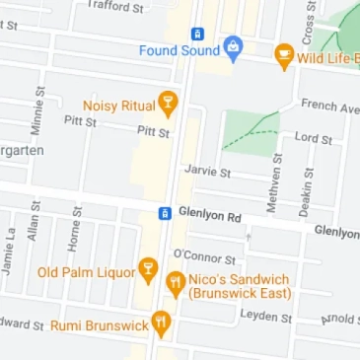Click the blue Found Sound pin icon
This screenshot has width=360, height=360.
coord(233,46)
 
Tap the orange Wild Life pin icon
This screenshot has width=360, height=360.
coord(284,56)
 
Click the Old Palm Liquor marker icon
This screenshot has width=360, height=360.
coord(148,269)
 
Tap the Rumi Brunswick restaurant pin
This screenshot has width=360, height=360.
coord(161,323)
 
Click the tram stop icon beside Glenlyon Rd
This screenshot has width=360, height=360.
coord(165,213)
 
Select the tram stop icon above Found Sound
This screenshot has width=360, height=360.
coord(197,33)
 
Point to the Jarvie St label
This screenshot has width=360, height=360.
coord(207,171)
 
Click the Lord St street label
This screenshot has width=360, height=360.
coord(313,138)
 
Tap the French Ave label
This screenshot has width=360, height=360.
coord(329,106)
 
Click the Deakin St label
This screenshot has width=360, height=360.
coord(306,190)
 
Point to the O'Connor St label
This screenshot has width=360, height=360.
coord(204,256)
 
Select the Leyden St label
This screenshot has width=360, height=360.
coord(266,317)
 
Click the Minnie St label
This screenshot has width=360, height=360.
coord(38,111)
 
